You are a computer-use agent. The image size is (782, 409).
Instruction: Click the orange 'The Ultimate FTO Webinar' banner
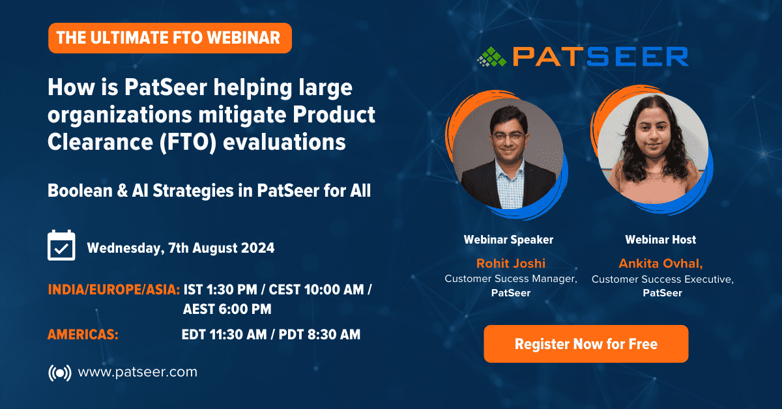pos(170,38)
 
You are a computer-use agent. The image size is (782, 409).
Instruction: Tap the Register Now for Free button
pos(586,344)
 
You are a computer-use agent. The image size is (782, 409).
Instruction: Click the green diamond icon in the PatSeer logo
pos(492,57)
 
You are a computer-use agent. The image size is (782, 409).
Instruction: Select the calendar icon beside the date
pos(61,245)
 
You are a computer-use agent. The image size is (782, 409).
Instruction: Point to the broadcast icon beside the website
pos(60,373)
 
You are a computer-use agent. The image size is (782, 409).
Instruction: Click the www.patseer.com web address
pos(138,373)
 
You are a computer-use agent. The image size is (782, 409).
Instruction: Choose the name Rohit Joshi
pos(511,263)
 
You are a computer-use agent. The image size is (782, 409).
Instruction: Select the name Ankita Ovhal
pos(661,264)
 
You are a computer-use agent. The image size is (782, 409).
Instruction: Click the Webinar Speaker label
pos(509,240)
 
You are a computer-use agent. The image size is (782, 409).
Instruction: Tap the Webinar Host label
pos(661,240)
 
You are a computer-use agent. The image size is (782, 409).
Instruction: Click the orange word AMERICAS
pos(83,335)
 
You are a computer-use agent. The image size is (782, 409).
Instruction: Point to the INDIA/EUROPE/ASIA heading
pos(114,290)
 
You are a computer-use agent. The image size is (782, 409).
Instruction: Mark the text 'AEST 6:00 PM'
pos(227,309)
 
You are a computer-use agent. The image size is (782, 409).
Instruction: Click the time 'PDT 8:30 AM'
pos(319,335)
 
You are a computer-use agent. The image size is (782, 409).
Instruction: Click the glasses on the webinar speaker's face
pos(509,136)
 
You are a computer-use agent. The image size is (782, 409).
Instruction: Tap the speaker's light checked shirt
pos(510,185)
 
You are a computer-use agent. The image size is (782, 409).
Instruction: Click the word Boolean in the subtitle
pos(80,191)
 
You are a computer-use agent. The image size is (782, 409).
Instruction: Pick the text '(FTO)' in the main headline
pos(188,143)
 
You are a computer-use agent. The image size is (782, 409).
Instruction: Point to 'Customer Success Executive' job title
pos(662,279)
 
